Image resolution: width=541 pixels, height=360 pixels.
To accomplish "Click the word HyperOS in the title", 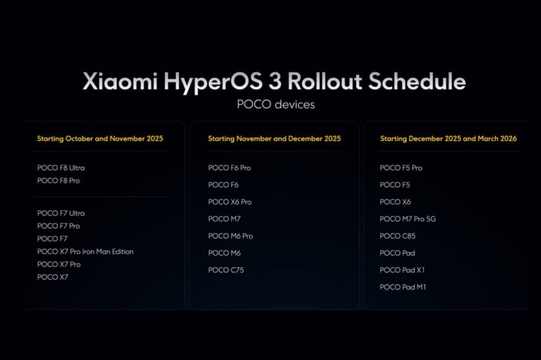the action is (x=213, y=82).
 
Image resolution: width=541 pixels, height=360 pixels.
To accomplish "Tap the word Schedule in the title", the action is (x=417, y=81).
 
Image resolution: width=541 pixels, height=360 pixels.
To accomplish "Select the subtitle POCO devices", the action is (x=276, y=104).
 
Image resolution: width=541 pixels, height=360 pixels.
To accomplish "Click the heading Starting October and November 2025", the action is (x=100, y=138).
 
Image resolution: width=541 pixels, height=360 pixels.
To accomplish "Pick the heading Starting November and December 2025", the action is (x=274, y=138).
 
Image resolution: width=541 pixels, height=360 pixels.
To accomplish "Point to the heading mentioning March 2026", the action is (x=448, y=138).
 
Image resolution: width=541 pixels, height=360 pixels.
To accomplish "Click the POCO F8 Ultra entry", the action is (x=61, y=168).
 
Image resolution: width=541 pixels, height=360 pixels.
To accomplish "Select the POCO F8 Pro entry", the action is (x=58, y=181).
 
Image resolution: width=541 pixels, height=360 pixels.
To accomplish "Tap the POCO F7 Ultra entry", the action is (x=61, y=214).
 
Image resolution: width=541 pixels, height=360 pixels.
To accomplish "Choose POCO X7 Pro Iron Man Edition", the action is (x=85, y=252).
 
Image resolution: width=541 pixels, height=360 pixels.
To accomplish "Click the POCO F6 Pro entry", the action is (x=229, y=168).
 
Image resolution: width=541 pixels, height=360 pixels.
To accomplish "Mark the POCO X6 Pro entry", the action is (x=230, y=202).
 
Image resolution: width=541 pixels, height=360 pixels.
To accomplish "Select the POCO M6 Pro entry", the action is (x=230, y=236).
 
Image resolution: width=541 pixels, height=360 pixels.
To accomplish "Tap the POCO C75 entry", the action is (x=226, y=270).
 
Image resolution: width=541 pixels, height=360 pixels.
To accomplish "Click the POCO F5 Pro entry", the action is (x=401, y=168).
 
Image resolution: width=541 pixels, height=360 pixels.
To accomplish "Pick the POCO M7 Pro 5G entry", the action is (x=408, y=219).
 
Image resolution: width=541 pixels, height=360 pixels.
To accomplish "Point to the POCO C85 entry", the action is (x=398, y=236).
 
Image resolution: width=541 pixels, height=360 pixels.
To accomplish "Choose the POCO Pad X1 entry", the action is (x=403, y=270).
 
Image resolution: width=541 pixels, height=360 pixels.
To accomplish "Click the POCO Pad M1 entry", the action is (x=403, y=287).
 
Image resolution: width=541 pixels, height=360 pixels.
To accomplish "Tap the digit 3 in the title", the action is (x=275, y=82).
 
